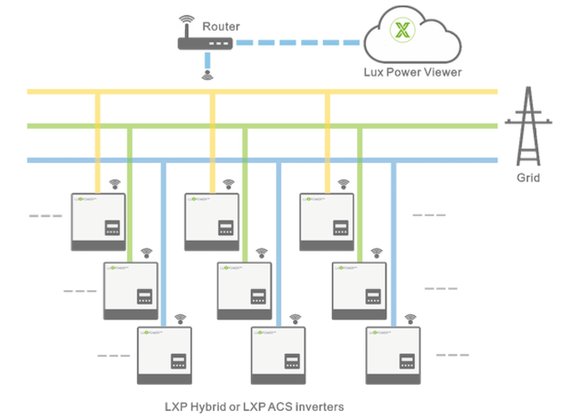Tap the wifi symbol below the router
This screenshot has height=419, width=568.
208,76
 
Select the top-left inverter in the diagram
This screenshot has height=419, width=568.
98,221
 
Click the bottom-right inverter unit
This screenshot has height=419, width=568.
394,356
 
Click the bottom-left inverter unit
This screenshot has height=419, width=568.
165,356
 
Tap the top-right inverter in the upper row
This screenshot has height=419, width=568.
327,221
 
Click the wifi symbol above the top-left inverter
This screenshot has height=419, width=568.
114,183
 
